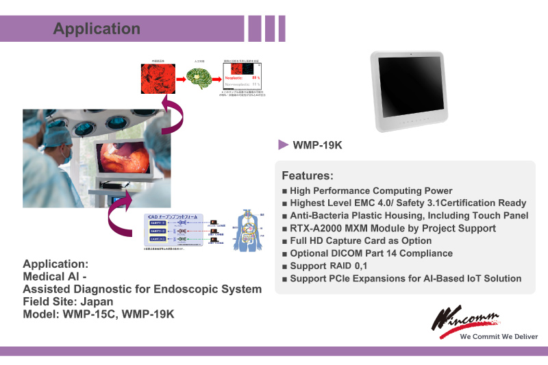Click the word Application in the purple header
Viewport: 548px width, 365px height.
point(97,29)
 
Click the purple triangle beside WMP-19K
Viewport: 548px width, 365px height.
point(283,144)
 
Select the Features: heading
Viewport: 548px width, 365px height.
point(308,175)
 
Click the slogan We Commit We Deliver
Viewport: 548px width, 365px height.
point(499,336)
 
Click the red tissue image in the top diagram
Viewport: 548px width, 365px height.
point(157,79)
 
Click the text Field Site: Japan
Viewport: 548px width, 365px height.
point(68,301)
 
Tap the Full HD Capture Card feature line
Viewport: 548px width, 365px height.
point(360,240)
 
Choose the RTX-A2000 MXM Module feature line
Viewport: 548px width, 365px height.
point(393,228)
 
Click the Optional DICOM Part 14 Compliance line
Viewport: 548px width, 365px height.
point(371,253)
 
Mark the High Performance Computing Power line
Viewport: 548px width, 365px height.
point(371,190)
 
